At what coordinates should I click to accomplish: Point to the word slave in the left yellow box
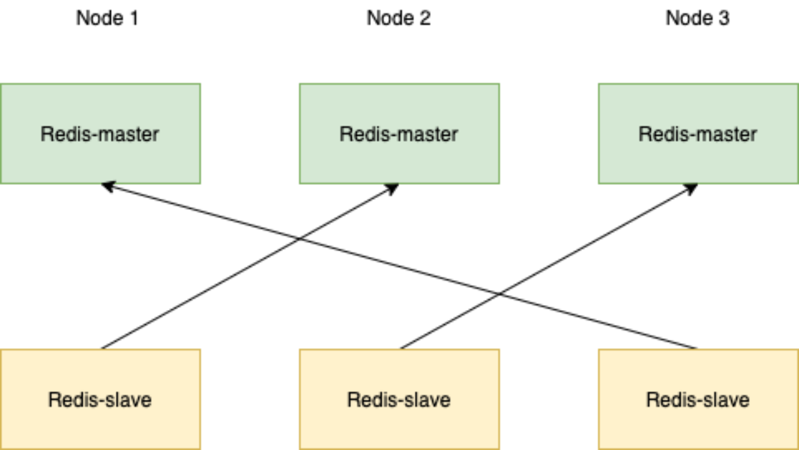pos(128,400)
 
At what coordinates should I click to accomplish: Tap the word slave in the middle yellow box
pos(427,400)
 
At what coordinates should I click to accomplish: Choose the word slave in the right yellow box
pos(726,400)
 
